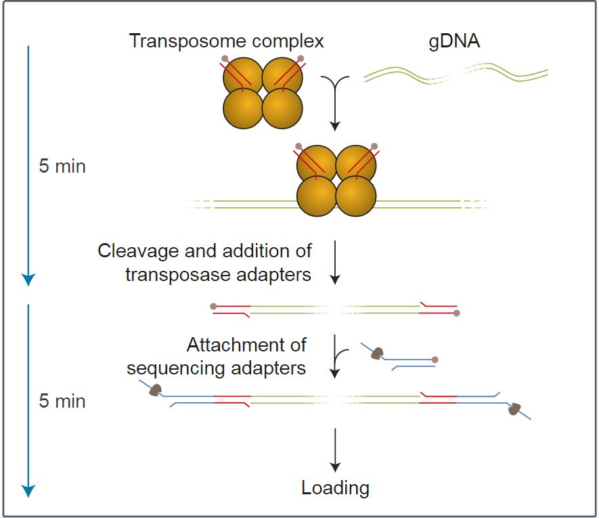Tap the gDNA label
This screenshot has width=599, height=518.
pos(455,42)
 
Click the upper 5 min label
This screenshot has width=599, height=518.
pos(62,166)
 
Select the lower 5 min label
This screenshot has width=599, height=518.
pos(62,401)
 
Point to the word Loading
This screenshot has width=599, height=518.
pos(336,488)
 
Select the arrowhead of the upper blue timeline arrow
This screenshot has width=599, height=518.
pos(28,279)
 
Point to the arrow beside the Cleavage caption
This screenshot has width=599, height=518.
pos(335,261)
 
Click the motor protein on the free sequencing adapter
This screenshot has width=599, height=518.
pos(377,353)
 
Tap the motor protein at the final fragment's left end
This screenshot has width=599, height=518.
pos(155,389)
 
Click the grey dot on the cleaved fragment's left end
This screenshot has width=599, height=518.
pos(214,306)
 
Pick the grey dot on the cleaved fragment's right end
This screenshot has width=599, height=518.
pos(457,314)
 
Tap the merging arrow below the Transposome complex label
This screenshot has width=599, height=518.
pos(335,102)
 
